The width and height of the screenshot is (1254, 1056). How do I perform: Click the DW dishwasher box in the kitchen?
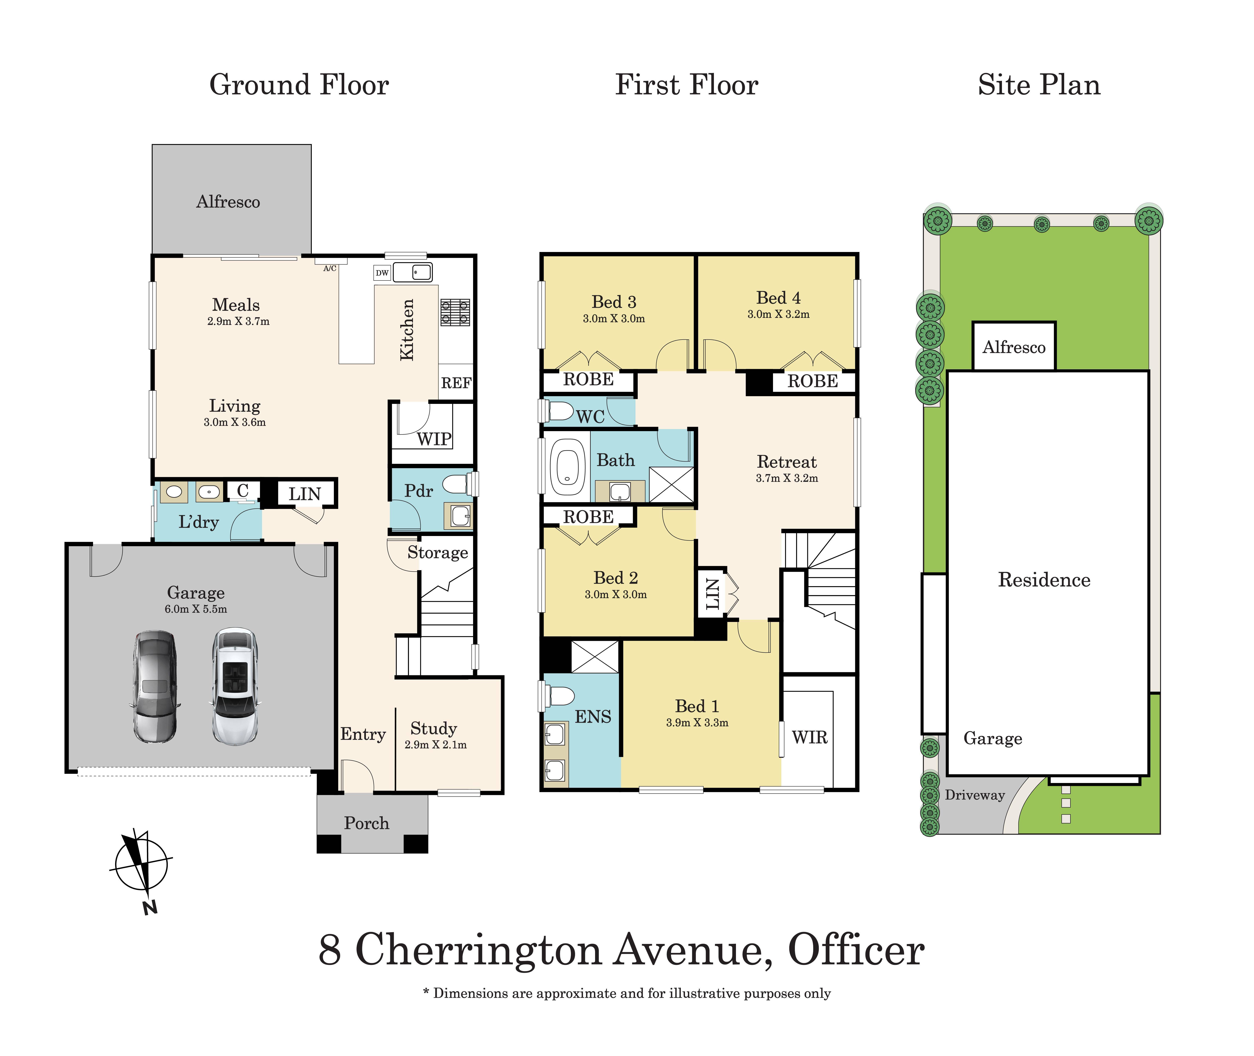[x=382, y=273]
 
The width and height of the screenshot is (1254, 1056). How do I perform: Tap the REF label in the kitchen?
[x=456, y=383]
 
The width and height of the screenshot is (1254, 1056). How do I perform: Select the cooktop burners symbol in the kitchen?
[x=455, y=313]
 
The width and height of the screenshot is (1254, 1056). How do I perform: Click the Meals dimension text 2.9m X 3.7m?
[x=238, y=321]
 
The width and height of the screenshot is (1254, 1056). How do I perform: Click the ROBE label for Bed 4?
[x=813, y=381]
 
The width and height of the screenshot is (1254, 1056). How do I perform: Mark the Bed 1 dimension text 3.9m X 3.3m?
[x=697, y=723]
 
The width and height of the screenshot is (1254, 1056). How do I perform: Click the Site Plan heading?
[x=1039, y=85]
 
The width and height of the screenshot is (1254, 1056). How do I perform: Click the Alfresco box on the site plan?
[x=1014, y=347]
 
